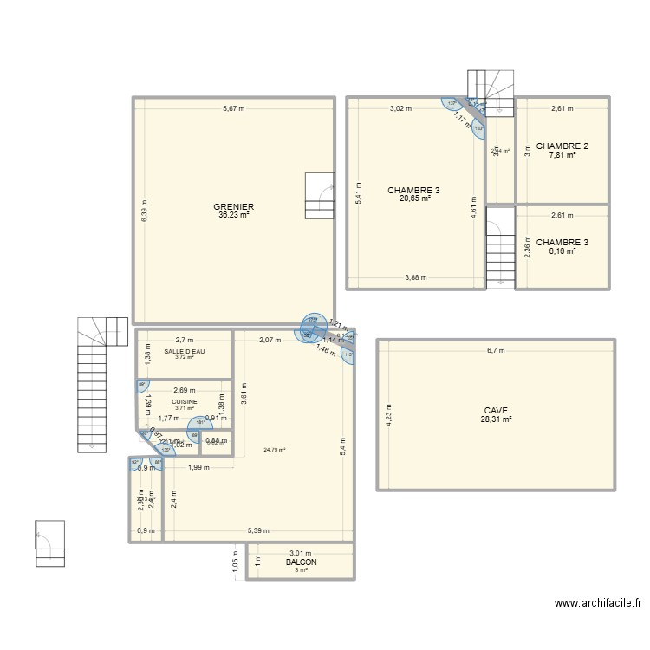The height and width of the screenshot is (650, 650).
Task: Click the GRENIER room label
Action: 234,206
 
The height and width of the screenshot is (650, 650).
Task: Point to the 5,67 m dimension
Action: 234,109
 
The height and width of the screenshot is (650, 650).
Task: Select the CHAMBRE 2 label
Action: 562,146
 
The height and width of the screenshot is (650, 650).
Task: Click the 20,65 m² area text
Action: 414,198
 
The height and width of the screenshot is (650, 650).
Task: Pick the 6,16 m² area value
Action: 562,251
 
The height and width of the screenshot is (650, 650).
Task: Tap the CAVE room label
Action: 496,411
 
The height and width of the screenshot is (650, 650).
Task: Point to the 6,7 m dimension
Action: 496,351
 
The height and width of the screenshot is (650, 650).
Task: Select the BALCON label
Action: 302,562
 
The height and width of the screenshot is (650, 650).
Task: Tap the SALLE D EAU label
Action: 184,351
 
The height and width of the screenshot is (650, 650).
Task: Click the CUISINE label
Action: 184,402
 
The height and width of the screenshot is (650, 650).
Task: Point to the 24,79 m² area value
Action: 275,450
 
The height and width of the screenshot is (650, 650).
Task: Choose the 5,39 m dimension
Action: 257,531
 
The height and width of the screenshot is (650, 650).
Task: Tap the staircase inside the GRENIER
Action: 319,196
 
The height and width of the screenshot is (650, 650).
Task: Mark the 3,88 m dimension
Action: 415,278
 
